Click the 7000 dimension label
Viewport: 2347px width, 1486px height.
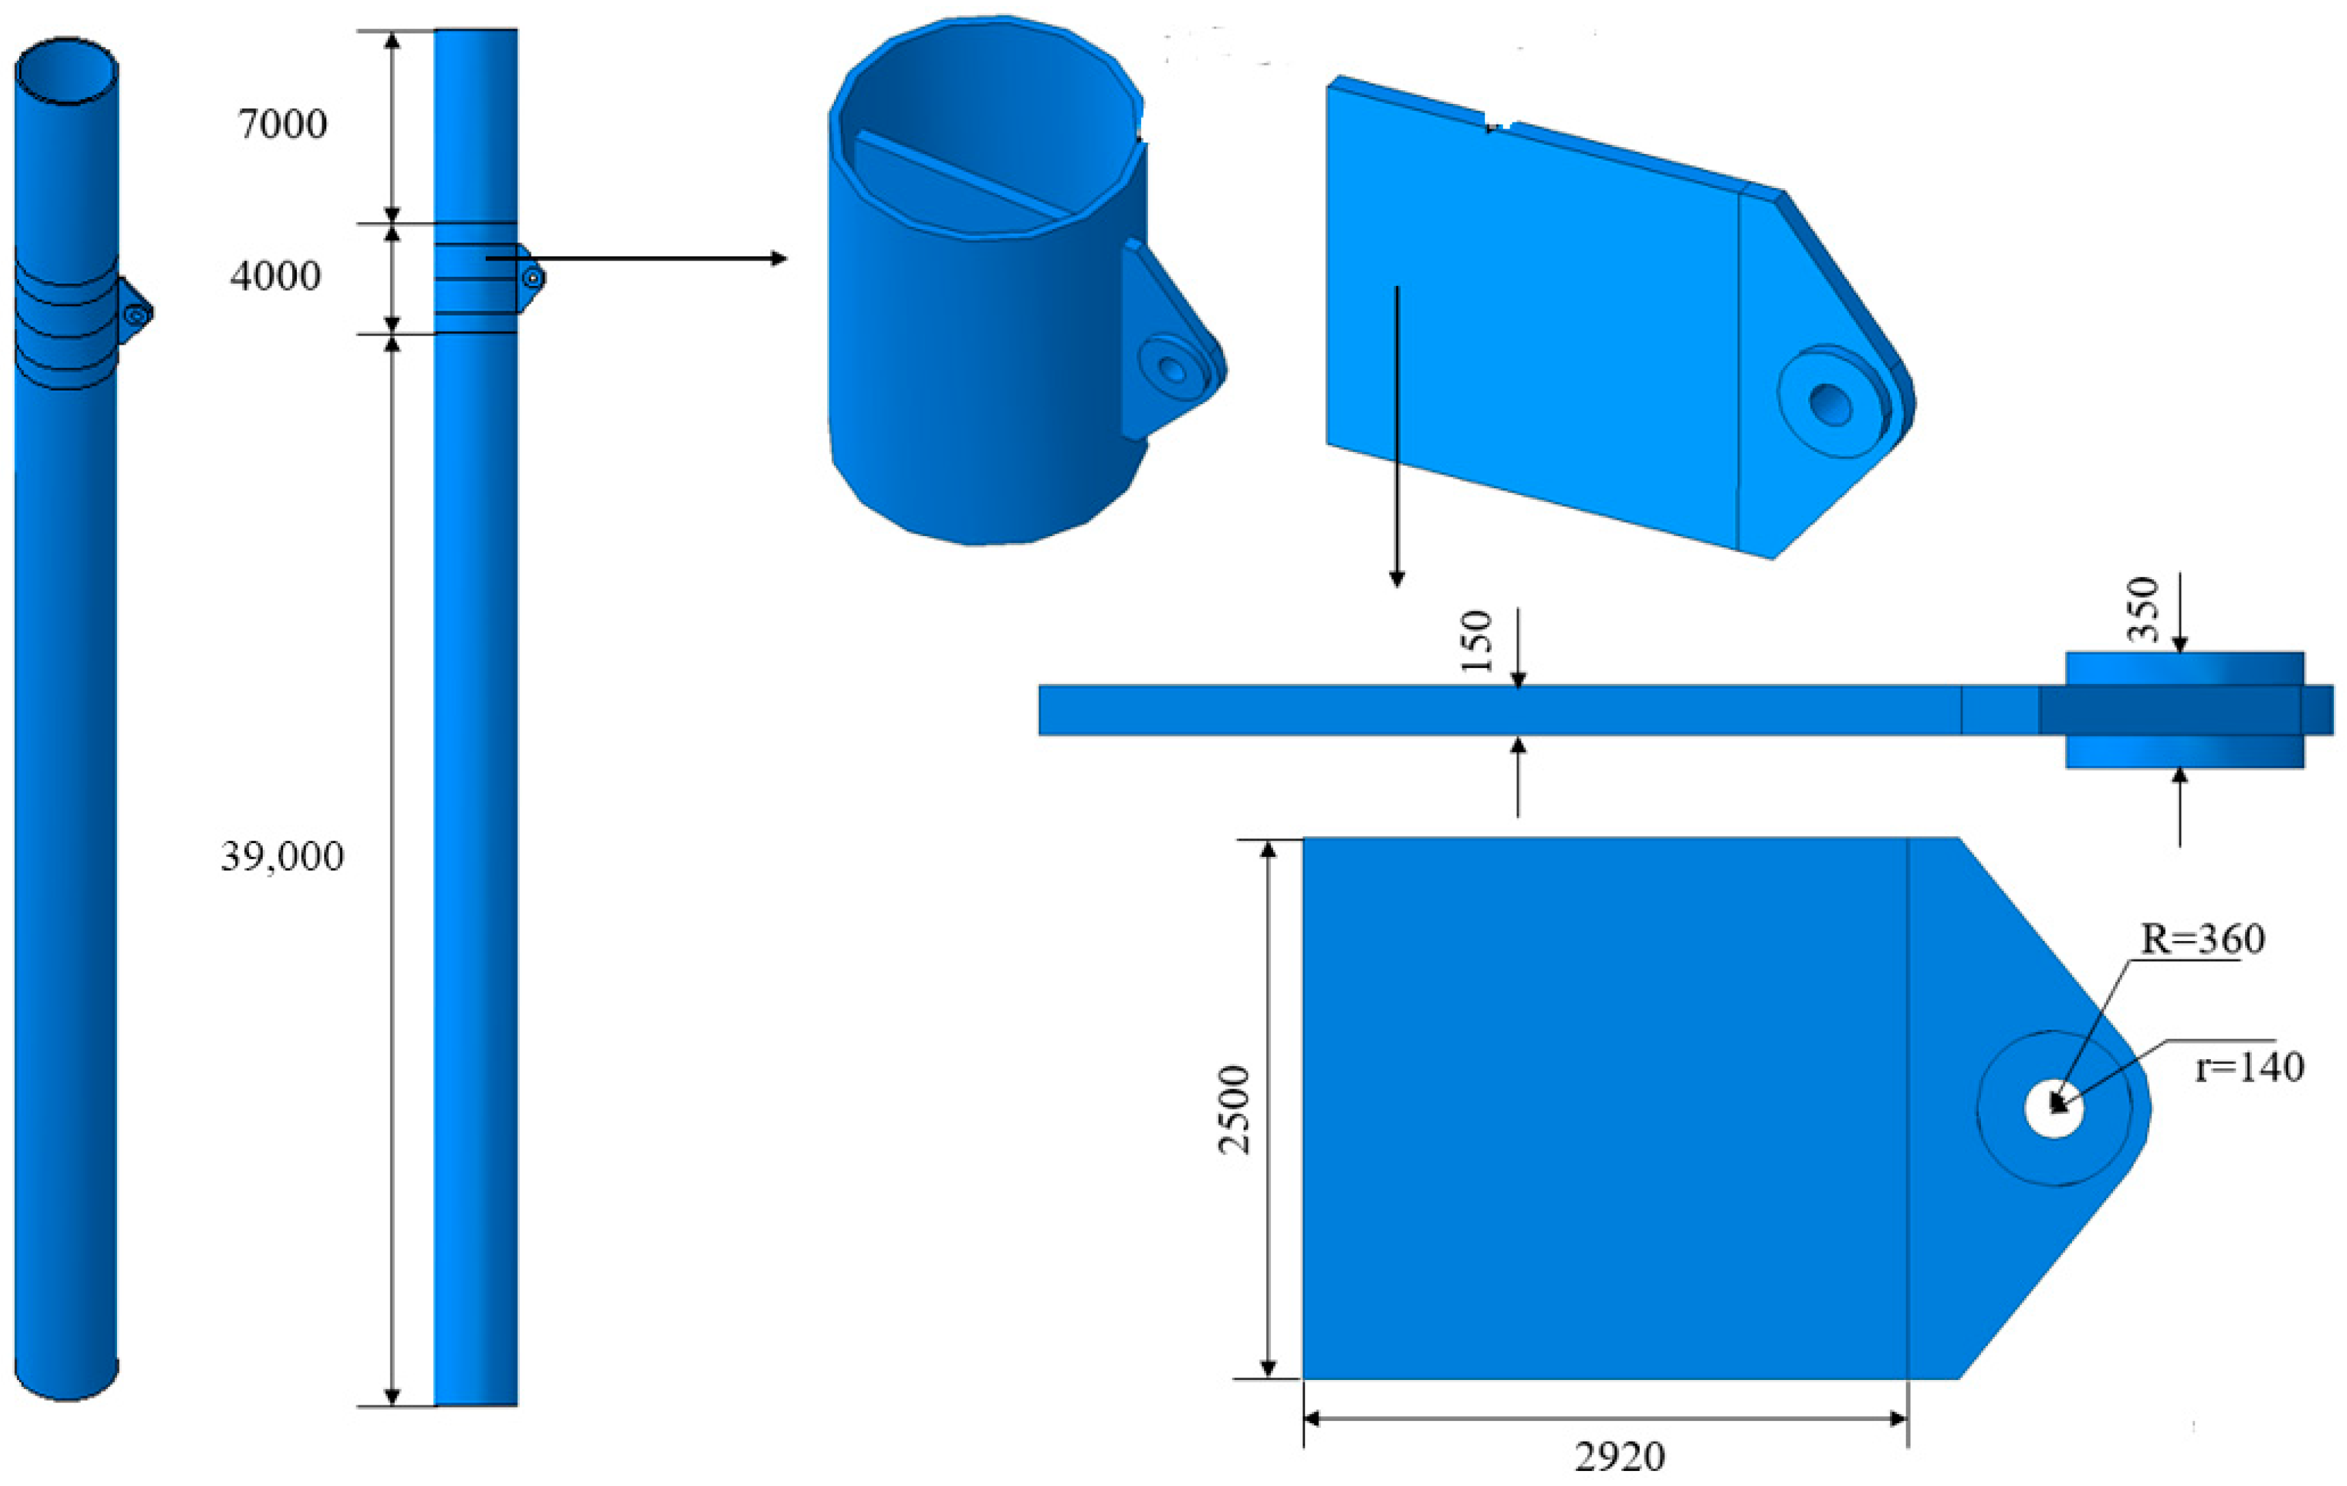point(283,124)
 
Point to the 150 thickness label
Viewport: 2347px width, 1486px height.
point(1478,641)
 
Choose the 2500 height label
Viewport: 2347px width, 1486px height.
point(1234,1110)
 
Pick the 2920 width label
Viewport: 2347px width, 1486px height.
point(1620,1457)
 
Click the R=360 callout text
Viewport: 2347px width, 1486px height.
point(2203,940)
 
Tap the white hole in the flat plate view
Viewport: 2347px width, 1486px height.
point(2054,1109)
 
